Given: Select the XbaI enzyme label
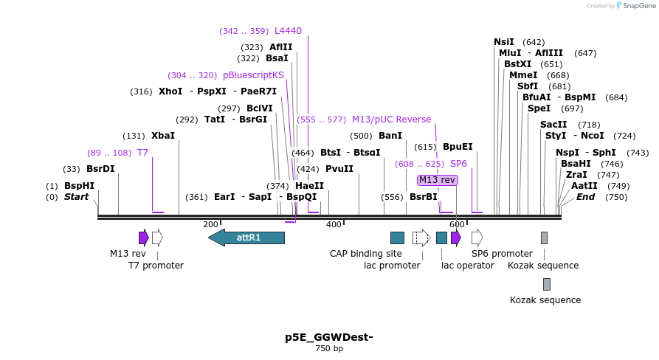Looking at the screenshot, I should click(x=163, y=136).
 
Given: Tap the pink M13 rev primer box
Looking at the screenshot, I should click(x=437, y=180).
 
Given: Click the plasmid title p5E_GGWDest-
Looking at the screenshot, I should click(x=329, y=337).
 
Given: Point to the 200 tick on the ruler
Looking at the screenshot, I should click(x=211, y=224).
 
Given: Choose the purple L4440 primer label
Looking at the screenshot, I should click(x=288, y=31).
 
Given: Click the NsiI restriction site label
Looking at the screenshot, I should click(x=504, y=42).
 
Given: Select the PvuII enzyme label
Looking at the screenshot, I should click(x=339, y=168).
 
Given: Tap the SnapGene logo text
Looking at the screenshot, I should click(x=639, y=6).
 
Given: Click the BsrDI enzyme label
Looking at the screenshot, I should click(x=100, y=168).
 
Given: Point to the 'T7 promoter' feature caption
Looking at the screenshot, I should click(x=156, y=266).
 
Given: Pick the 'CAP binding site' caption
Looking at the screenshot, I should click(x=366, y=254).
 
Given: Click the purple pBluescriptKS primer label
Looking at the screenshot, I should click(x=253, y=75).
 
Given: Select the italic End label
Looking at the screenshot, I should click(x=585, y=197).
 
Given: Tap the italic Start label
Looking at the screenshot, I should click(x=76, y=197).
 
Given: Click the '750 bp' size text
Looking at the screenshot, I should click(x=329, y=348).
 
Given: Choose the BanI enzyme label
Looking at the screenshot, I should click(x=390, y=136).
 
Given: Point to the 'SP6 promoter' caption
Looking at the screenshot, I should click(x=502, y=254).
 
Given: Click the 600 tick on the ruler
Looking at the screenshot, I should click(x=457, y=224).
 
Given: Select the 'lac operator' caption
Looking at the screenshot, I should click(x=468, y=266).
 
